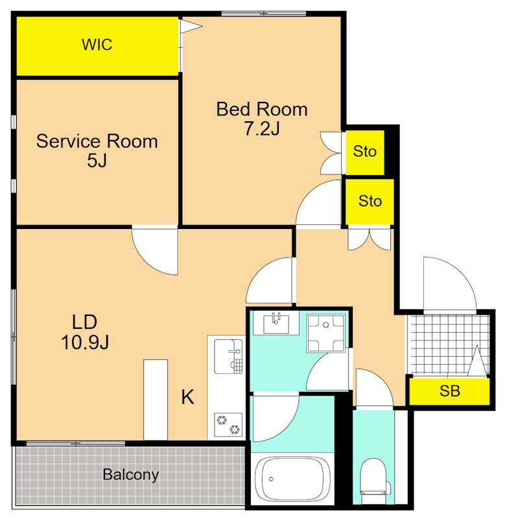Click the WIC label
coord(97,45)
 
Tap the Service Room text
coord(97,141)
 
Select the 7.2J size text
coord(262,128)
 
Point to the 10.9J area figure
coord(85,342)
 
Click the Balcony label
coord(131,475)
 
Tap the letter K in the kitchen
coord(187,397)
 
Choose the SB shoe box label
coord(450,391)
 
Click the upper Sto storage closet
coord(365,152)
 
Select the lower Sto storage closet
coord(370,202)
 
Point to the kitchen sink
coord(228,356)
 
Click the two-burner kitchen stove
coord(228,425)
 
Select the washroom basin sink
coord(276,323)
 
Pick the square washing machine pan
coord(326,333)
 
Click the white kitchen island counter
coord(156,400)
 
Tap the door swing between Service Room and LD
coord(155,250)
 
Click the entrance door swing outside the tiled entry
coord(450,285)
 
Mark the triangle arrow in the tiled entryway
coord(477,361)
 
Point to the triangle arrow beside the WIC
coord(191,27)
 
